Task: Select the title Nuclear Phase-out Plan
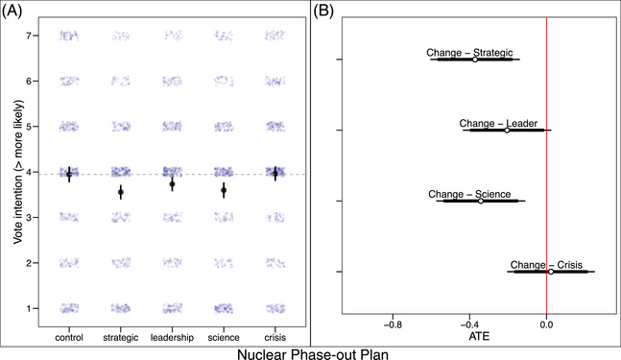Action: tap(311, 351)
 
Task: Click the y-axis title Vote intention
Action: tap(19, 171)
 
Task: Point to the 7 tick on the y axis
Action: tap(34, 36)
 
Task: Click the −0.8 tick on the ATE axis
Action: tap(393, 324)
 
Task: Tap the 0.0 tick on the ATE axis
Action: tap(546, 324)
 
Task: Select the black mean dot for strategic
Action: tap(121, 192)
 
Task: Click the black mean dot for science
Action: tap(224, 191)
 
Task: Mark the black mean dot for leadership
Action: tap(172, 184)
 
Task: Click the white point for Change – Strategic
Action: tap(474, 60)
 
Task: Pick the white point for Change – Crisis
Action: tap(550, 272)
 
